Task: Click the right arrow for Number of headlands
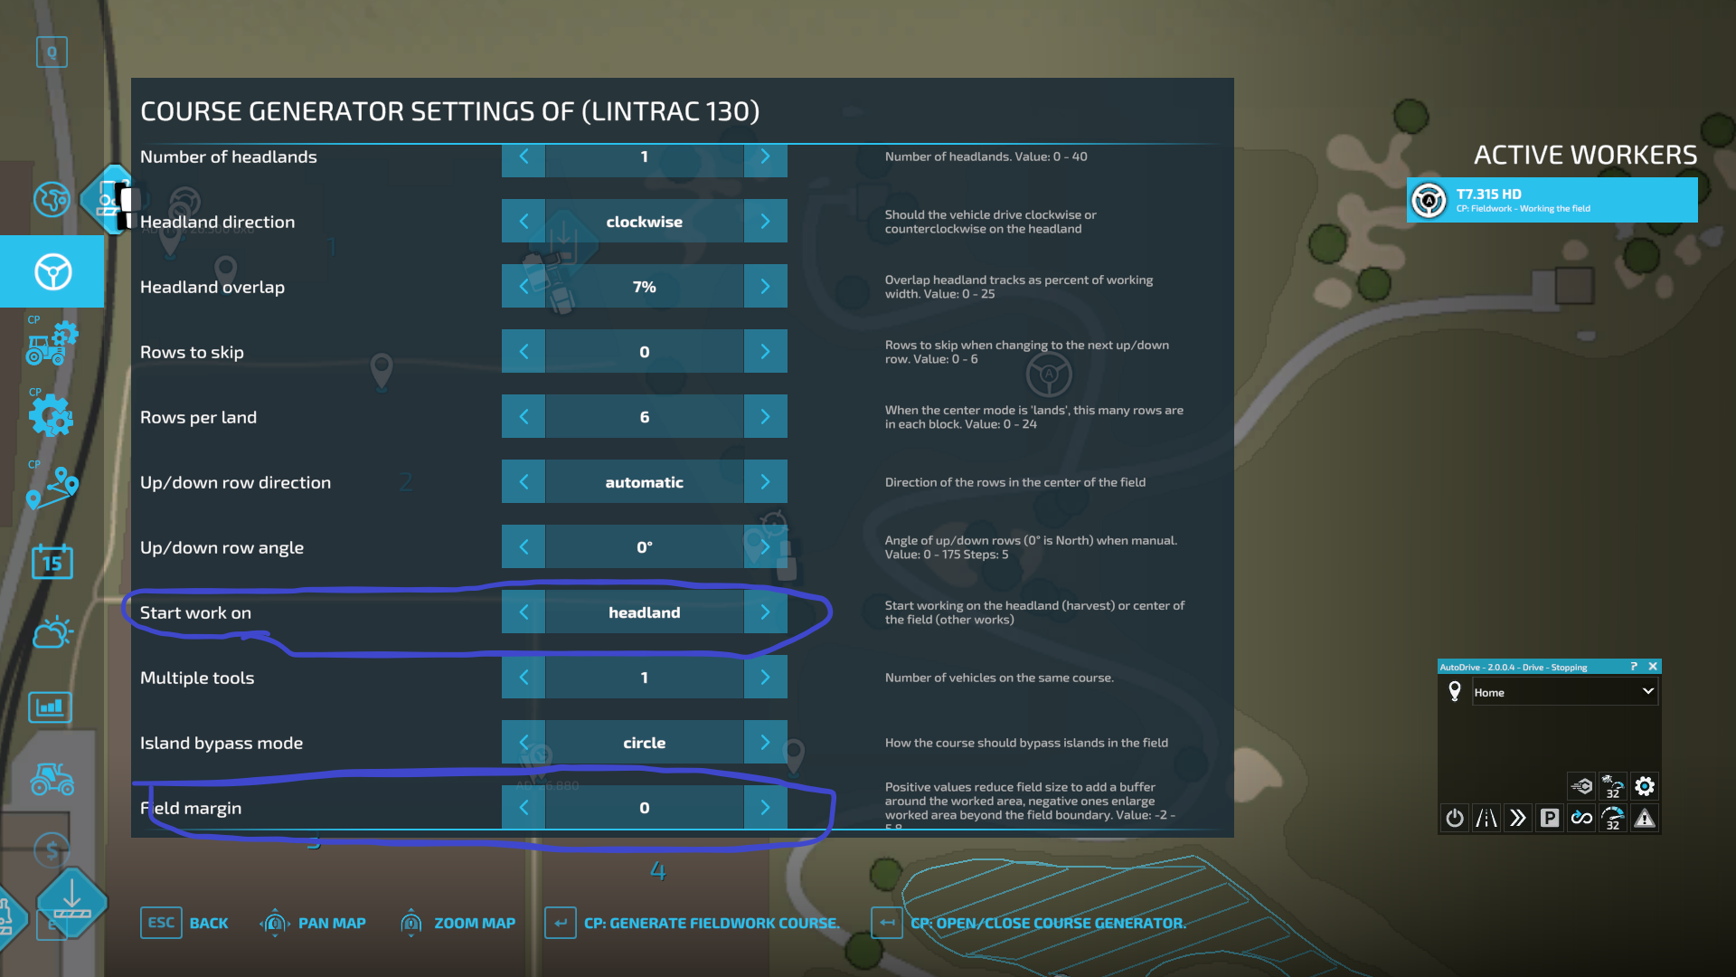(765, 157)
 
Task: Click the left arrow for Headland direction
(524, 222)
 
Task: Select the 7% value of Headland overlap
(644, 287)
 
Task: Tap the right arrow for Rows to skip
(765, 352)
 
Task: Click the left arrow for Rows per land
(524, 417)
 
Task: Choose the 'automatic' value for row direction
(644, 482)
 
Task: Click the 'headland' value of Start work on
(644, 612)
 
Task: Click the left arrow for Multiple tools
(524, 678)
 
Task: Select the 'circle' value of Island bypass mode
(644, 743)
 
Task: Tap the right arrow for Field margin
(765, 808)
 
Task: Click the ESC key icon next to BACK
(161, 923)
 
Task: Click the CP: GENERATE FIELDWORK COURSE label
(711, 923)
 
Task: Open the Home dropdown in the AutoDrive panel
(1564, 692)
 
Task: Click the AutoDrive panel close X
(1653, 667)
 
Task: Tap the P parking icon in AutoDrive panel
(1550, 819)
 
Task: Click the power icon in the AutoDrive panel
(1454, 819)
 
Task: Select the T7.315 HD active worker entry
(1552, 200)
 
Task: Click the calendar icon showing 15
(52, 563)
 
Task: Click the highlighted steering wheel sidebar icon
(52, 271)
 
